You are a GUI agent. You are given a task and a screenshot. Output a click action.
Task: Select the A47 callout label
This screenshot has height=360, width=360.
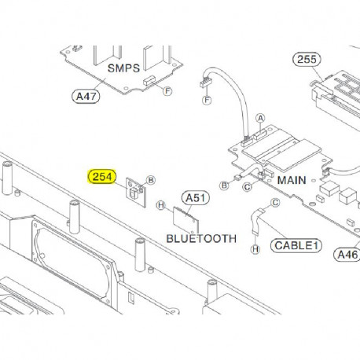(87, 97)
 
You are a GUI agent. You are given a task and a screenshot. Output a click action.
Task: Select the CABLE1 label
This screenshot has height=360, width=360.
(297, 246)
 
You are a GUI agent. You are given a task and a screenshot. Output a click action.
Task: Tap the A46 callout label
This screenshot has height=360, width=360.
(346, 254)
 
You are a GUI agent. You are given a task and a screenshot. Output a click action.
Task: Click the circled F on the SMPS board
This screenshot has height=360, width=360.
(167, 90)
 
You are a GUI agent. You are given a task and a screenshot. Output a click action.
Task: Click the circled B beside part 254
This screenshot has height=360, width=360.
(152, 180)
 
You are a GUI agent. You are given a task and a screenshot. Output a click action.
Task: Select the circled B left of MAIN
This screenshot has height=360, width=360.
(225, 186)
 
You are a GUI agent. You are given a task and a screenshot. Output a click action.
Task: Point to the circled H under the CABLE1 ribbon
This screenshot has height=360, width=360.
(255, 248)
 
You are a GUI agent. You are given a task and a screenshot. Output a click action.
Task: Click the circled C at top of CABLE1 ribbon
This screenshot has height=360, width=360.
(275, 202)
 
